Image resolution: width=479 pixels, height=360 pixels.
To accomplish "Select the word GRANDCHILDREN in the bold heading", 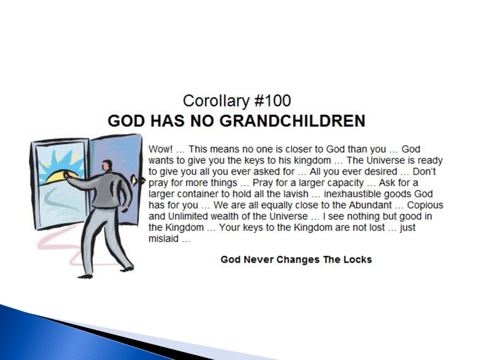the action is [292, 121].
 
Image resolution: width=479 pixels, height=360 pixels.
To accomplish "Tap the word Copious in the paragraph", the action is [425, 205].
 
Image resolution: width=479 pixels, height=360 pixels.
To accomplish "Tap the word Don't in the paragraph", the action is [424, 172].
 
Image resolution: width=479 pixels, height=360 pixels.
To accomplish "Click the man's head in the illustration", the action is [107, 166].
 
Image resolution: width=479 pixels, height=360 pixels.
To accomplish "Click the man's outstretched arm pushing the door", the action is [82, 183].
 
